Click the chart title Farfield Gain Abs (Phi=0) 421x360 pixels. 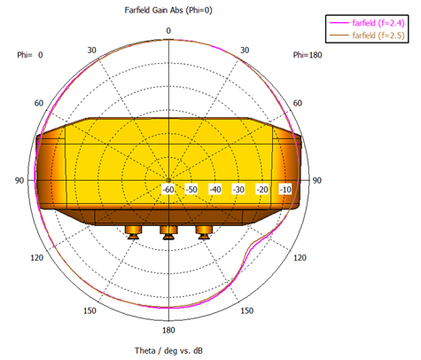(x=168, y=11)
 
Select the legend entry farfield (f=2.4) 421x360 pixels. (x=378, y=23)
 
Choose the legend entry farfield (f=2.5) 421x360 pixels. (x=378, y=35)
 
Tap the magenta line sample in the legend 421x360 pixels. (x=339, y=23)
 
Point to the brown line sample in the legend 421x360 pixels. (x=339, y=35)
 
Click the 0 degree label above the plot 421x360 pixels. (x=168, y=31)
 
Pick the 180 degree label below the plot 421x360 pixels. (x=168, y=330)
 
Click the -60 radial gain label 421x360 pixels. (x=168, y=189)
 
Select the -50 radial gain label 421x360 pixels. (x=191, y=189)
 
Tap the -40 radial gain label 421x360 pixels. (x=215, y=189)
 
